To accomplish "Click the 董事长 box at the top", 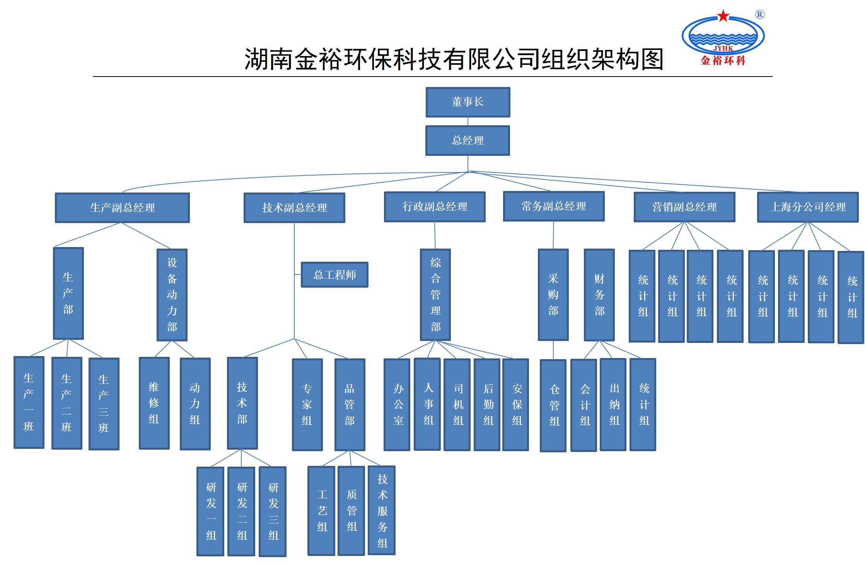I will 467,102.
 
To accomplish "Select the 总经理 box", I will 467,140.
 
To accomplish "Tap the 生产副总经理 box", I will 122,208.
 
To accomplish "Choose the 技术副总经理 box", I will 294,208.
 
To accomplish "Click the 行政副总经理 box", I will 435,207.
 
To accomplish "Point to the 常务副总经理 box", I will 553,206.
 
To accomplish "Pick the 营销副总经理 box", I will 684,207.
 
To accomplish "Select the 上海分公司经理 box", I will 808,207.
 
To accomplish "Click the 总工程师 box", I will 334,275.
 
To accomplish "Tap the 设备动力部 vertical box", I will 172,295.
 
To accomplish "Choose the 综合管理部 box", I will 435,295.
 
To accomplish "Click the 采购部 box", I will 553,295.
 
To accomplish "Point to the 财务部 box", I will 599,295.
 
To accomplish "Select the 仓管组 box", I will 553,405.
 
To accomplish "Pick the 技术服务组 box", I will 382,510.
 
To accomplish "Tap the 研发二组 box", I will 241,511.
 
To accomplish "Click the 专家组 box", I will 307,404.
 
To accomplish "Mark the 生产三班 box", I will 104,404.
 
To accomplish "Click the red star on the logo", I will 723,16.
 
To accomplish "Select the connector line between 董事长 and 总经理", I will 468,121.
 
